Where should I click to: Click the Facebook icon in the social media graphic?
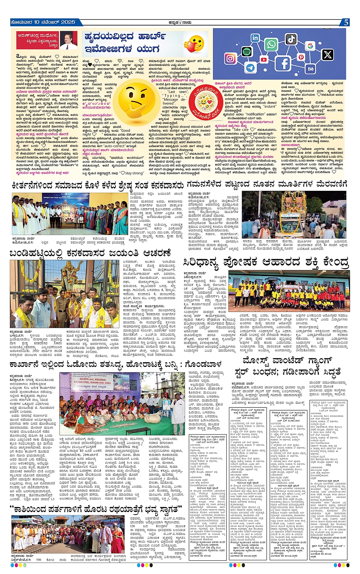coord(285,63)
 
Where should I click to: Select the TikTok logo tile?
coord(291,39)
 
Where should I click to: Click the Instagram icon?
coord(230,58)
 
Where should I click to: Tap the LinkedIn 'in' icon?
coord(255,38)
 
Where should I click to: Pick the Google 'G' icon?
coord(310,46)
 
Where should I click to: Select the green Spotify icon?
coord(246,51)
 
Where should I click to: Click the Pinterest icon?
coord(301,58)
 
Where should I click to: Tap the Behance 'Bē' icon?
coord(310,69)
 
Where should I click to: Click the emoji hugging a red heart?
coord(194,44)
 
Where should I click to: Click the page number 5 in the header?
coord(346,22)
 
